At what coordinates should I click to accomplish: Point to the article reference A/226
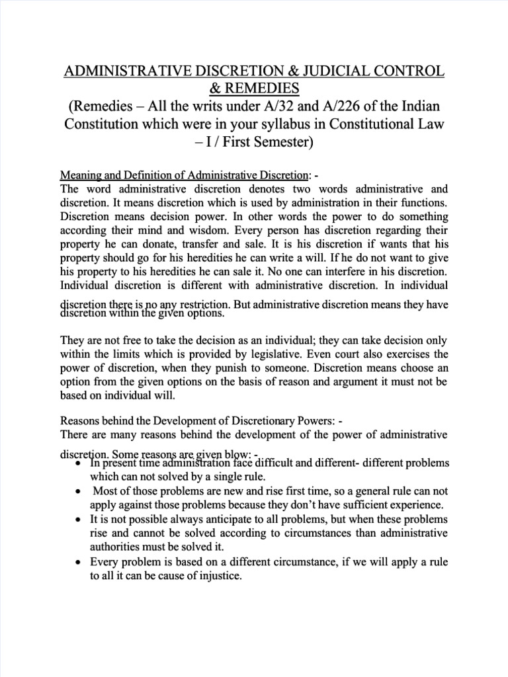[x=357, y=106]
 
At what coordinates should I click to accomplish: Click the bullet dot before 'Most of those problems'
[x=79, y=491]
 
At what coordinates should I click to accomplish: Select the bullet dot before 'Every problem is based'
[x=79, y=563]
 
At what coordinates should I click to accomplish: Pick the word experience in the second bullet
[x=414, y=505]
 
